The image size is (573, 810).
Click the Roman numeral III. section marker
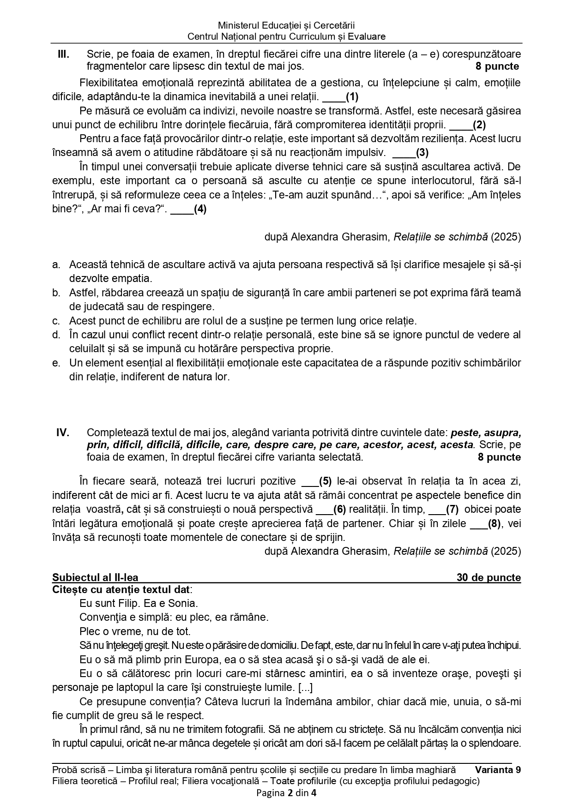click(63, 54)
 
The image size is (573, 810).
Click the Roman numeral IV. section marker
click(63, 432)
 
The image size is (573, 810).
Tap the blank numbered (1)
click(340, 97)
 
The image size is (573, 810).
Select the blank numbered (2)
click(467, 125)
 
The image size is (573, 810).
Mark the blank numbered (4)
click(188, 209)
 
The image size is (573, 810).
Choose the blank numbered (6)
click(331, 509)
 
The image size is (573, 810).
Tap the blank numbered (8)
click(485, 523)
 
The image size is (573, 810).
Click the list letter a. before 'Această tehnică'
click(56, 265)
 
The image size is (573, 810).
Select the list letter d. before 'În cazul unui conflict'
click(56, 335)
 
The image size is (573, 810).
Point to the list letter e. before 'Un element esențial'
click(56, 363)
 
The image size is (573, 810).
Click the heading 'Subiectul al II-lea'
click(95, 577)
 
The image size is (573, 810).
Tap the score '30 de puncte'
click(489, 577)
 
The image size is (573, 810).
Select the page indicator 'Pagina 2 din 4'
click(286, 793)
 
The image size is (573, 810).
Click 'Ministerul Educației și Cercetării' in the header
click(286, 26)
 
